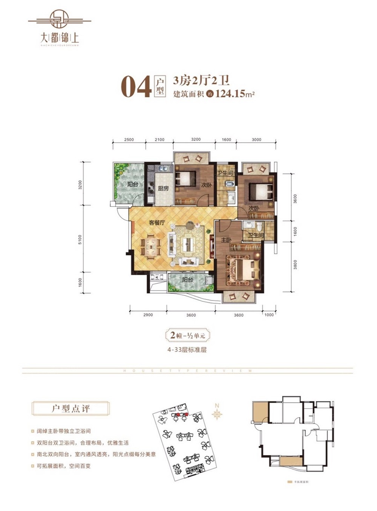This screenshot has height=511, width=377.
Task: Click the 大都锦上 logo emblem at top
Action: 60,19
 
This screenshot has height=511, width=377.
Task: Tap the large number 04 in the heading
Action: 136,87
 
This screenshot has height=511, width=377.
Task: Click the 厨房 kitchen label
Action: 163,189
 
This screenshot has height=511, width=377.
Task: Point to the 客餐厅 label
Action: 156,223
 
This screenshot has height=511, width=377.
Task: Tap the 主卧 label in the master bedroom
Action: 226,240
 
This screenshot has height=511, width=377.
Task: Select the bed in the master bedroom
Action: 243,270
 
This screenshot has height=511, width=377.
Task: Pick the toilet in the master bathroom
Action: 259,227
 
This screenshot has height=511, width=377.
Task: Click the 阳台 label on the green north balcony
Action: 132,184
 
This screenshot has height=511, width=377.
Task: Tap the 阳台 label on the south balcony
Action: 187,280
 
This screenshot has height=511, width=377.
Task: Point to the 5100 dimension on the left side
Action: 80,239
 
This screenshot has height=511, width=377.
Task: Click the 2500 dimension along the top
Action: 129,140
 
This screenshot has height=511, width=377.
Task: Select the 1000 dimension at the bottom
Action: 269,315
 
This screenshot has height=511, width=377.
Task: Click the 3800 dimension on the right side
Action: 295,265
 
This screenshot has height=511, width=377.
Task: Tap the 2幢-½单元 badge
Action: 187,335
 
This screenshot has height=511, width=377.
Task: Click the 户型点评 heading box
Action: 70,408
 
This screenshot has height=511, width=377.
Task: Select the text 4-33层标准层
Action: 187,350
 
